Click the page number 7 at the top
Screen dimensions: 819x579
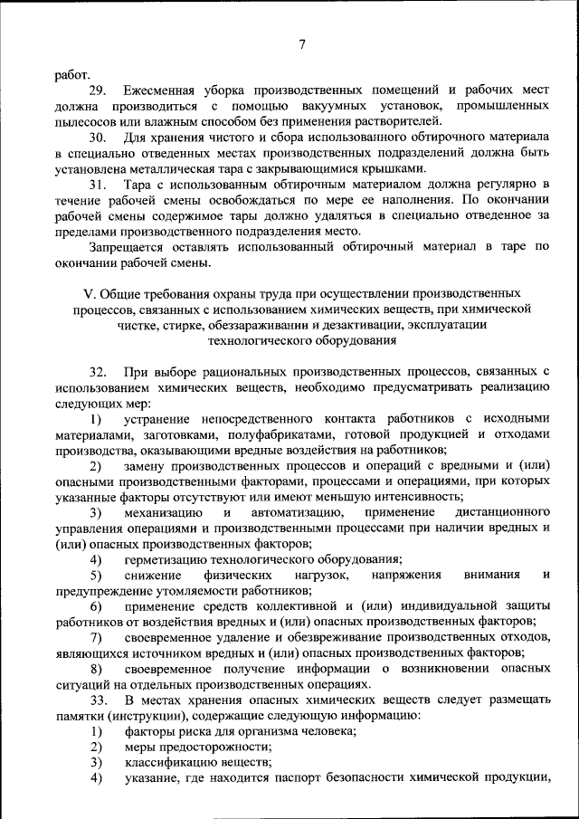[301, 44]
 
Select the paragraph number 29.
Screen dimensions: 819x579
[98, 90]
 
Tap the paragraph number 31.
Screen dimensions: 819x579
[98, 185]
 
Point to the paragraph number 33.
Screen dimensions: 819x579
[98, 701]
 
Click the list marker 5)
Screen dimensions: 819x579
[96, 575]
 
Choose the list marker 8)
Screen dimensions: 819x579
[96, 668]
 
